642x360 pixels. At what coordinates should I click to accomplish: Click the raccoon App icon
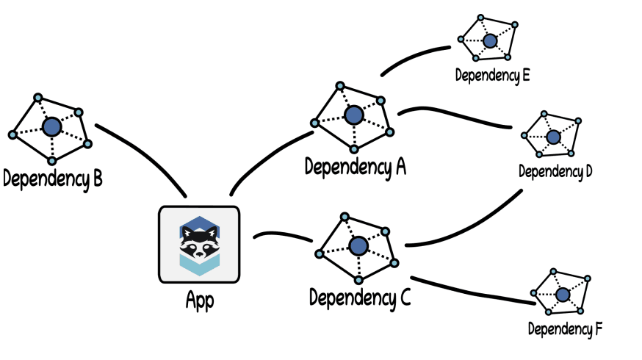coord(198,245)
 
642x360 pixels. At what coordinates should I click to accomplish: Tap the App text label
coord(199,301)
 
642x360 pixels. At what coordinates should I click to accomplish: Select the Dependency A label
coord(356,167)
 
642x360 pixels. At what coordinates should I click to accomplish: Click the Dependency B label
coord(52,178)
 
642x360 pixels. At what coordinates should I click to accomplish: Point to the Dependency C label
coord(360,298)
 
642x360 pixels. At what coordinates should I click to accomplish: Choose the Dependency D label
coord(555,172)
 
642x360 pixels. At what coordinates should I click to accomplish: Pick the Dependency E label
coord(492,74)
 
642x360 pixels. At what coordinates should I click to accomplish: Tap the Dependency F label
coord(565,328)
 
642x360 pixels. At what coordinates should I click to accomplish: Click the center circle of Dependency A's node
coord(354,115)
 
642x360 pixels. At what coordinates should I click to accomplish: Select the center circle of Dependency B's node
coord(51,127)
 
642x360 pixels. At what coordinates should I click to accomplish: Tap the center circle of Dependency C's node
coord(358,246)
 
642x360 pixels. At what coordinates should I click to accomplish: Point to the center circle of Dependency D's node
coord(554,137)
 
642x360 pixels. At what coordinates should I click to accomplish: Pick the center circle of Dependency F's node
coord(563,295)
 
